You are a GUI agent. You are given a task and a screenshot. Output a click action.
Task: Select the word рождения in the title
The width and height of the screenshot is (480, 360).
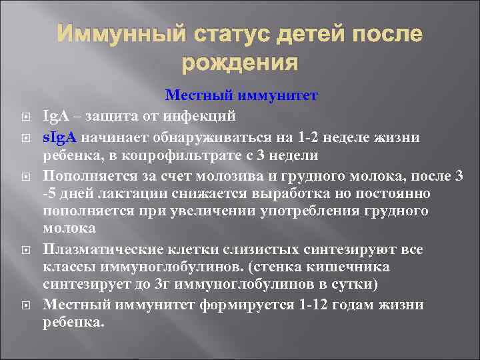(239, 63)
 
